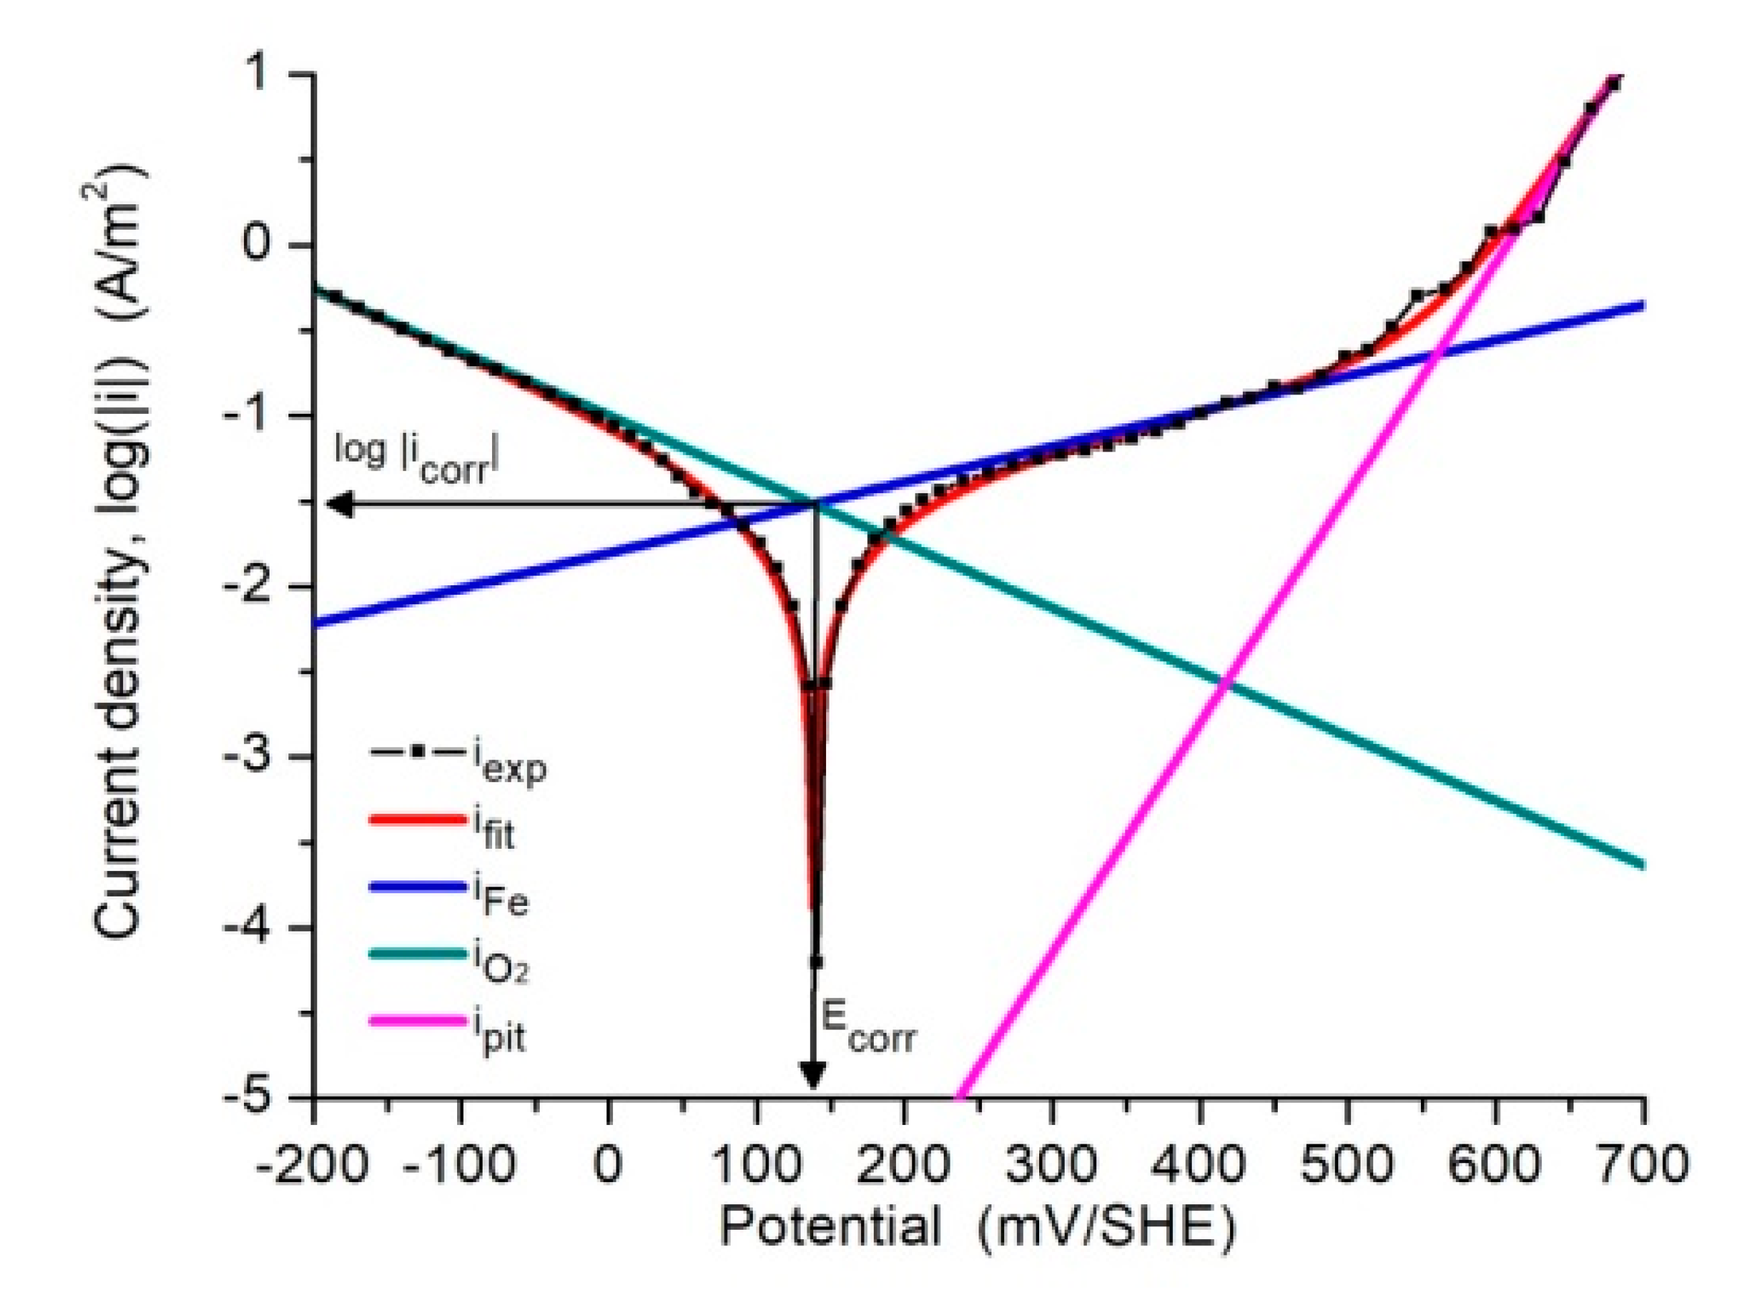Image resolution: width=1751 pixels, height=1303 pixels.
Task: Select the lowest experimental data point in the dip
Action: [815, 962]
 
